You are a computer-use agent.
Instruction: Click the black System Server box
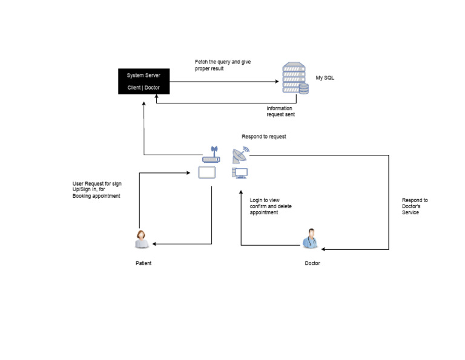coord(143,81)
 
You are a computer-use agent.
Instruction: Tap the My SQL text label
coord(325,78)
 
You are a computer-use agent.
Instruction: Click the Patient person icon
coord(142,239)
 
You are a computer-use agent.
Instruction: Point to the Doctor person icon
coord(311,239)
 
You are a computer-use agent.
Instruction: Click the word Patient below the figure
coord(143,263)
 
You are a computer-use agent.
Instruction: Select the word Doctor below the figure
coord(312,263)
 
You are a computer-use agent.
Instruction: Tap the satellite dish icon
coord(240,155)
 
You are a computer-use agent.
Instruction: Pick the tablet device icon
coord(208,174)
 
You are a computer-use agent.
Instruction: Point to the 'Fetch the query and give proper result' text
coord(222,65)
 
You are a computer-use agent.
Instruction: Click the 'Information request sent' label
coord(281,111)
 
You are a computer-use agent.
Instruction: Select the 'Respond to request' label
coord(263,137)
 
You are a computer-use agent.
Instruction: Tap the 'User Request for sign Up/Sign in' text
coord(97,189)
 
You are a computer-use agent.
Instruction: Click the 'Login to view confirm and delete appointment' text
coord(271,206)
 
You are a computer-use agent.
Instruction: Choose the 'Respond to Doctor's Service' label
coord(415,206)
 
